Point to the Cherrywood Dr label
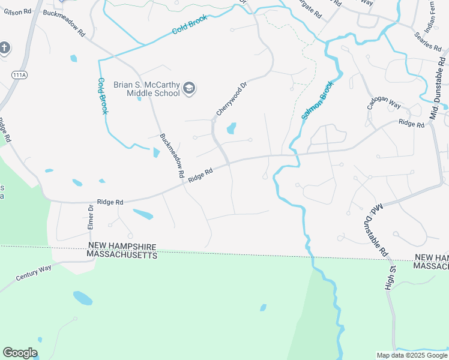coord(232,99)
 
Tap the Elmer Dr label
coord(91,217)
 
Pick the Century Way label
coord(34,274)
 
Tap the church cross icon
coord(5,48)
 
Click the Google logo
coord(20,353)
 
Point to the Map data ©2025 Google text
coord(412,355)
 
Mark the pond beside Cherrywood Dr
coord(231,128)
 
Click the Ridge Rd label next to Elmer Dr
coord(110,203)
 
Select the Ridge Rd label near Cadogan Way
coord(411,123)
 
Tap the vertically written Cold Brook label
coord(103,96)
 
